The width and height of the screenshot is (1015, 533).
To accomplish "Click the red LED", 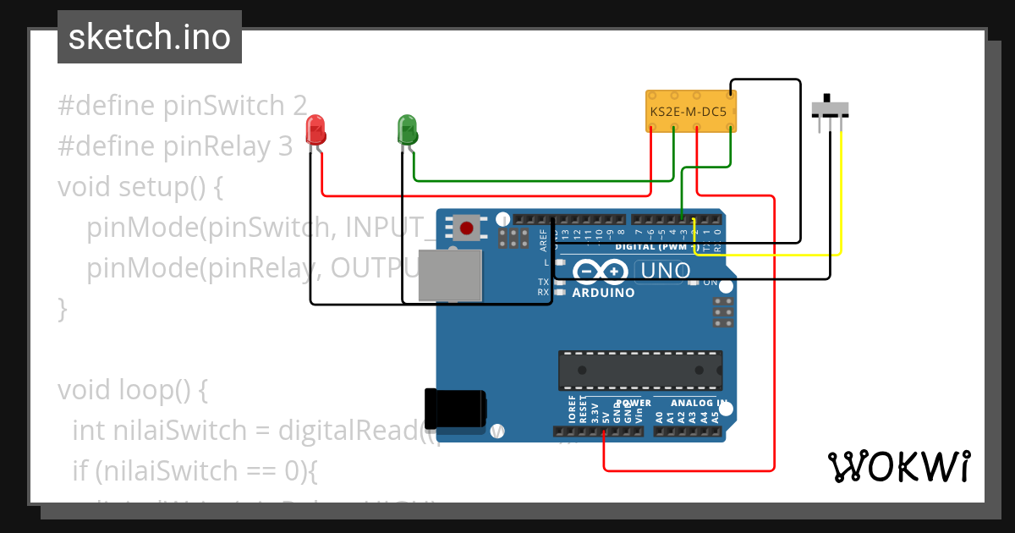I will tap(315, 129).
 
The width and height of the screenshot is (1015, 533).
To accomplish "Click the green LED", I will tap(407, 129).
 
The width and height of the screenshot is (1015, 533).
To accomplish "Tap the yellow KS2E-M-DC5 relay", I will tap(691, 111).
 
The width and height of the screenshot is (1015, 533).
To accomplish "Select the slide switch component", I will tap(830, 110).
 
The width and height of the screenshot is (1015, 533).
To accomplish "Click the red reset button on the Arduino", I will tap(466, 227).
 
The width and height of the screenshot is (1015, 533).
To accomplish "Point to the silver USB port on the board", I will tap(452, 275).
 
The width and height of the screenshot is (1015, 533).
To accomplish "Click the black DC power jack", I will tap(454, 408).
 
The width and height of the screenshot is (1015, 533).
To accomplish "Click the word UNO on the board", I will tap(665, 272).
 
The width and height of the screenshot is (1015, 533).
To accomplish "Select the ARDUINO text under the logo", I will tap(603, 293).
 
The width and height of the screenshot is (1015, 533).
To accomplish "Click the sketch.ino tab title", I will tap(149, 37).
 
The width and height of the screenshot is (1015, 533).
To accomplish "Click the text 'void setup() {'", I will tap(140, 186).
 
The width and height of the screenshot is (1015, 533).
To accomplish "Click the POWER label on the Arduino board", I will tap(634, 404).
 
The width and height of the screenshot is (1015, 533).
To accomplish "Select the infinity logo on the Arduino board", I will tap(599, 271).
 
